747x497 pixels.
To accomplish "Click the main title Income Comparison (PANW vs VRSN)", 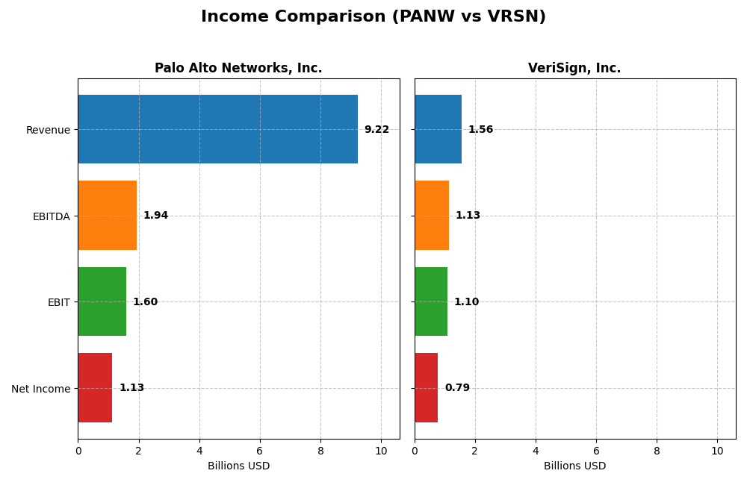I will click(x=373, y=16).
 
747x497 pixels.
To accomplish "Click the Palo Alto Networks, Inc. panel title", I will click(x=238, y=68).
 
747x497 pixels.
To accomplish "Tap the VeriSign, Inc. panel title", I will click(x=574, y=68).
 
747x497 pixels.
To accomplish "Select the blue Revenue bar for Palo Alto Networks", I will click(x=217, y=129).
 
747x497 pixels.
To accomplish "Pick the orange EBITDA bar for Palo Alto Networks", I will click(x=107, y=215).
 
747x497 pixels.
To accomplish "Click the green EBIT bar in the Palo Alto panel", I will click(x=102, y=301).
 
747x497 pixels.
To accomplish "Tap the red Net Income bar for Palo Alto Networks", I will click(x=95, y=387).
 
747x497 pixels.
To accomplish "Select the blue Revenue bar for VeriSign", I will click(x=438, y=129).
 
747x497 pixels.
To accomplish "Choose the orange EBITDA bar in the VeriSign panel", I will click(x=432, y=215).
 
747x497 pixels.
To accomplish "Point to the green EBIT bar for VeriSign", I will click(x=431, y=301).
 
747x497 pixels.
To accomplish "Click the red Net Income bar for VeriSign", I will click(x=427, y=387).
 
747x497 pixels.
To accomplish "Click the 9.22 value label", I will click(x=376, y=130).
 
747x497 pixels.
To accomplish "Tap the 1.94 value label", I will click(x=155, y=216).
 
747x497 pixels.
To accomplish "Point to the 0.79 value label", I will click(x=457, y=388).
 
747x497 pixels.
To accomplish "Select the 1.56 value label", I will click(x=480, y=130).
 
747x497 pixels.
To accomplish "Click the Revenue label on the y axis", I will click(x=48, y=130).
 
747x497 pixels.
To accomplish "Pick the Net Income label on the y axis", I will click(x=40, y=389).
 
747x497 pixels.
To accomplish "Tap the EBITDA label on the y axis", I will click(x=51, y=216).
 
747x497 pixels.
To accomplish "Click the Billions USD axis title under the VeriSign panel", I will click(x=574, y=466).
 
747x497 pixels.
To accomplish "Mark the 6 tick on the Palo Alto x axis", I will click(x=260, y=451).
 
